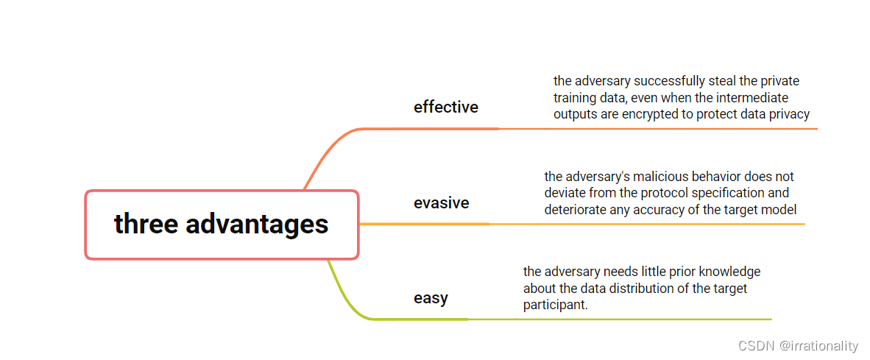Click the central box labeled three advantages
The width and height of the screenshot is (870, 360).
[222, 225]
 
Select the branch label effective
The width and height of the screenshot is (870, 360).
[445, 107]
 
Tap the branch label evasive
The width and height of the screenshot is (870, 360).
[441, 203]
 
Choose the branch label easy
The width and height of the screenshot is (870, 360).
[431, 298]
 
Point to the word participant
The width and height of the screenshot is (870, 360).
[556, 305]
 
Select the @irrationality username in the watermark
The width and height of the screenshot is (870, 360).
[819, 345]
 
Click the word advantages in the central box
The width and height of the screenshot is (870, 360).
[257, 224]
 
